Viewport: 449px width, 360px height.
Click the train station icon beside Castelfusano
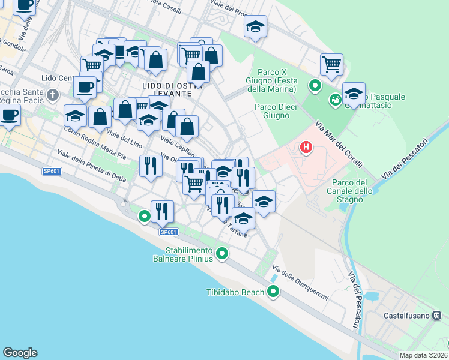click(438, 314)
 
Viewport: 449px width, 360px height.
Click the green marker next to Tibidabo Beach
click(273, 292)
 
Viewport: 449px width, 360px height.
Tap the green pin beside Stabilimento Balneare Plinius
click(222, 254)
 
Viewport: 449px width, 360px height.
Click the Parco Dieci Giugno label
click(272, 111)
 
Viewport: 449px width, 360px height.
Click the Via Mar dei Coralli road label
click(335, 146)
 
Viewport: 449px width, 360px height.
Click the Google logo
click(20, 353)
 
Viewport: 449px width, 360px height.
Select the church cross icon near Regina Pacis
click(53, 95)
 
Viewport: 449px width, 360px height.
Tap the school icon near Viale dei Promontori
click(255, 26)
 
